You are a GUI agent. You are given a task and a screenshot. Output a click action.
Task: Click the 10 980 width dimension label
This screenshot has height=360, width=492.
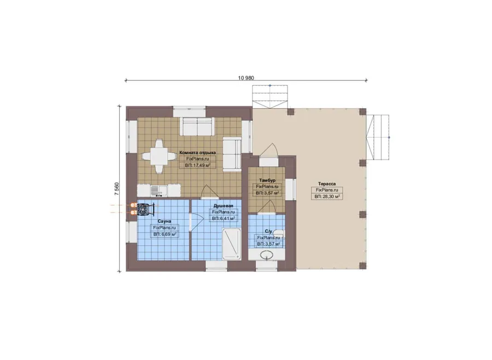coord(246,78)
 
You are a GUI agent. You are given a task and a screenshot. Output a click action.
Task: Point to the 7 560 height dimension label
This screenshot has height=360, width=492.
coord(117,189)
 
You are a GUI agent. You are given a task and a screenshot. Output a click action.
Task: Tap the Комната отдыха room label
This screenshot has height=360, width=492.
coord(198,153)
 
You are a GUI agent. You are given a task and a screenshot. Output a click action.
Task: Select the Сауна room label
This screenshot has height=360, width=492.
coord(165,221)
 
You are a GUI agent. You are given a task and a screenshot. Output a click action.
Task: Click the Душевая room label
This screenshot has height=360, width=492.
coord(224,206)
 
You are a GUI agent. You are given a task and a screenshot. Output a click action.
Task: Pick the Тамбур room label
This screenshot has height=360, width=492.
coord(267,180)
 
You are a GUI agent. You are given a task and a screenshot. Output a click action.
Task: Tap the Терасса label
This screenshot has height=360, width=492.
coord(327,184)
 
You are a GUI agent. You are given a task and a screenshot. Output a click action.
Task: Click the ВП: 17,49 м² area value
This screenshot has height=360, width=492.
coord(198,166)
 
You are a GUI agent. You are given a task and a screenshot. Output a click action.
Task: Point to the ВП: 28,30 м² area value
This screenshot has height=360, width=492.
coord(327,197)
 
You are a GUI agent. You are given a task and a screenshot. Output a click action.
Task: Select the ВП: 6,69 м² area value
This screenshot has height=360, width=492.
coord(165,234)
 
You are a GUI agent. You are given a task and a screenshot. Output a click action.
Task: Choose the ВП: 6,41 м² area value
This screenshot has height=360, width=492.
coord(224,219)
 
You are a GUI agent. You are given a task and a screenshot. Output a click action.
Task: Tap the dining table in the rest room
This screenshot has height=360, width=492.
coord(159,156)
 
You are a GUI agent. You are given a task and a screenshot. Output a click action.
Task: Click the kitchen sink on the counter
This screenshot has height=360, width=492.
coord(159,190)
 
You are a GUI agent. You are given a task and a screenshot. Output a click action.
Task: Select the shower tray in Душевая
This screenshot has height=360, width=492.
coord(232,244)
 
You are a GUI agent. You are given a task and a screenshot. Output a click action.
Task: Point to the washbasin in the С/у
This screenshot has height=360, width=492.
coord(267,255)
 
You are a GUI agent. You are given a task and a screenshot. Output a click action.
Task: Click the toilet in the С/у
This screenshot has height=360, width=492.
coord(278,234)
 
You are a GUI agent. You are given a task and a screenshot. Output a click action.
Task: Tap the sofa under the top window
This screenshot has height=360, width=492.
coord(197,126)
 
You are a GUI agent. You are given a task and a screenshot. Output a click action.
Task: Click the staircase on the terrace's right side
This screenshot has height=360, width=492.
coord(378,137)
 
